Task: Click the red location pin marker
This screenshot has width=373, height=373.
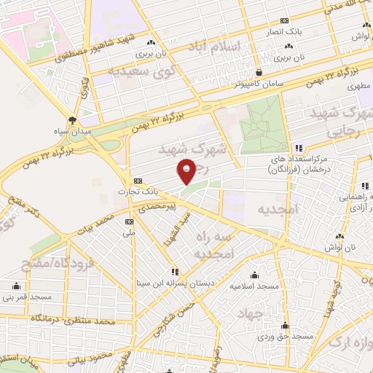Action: [x=187, y=172]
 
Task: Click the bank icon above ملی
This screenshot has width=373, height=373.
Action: [x=129, y=221]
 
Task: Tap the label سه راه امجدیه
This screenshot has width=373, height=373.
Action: [x=212, y=245]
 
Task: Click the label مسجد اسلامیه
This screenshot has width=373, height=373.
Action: [x=255, y=286]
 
